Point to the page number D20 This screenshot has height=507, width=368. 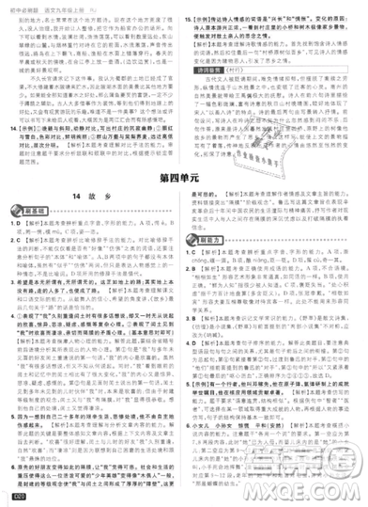[x=15, y=497]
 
